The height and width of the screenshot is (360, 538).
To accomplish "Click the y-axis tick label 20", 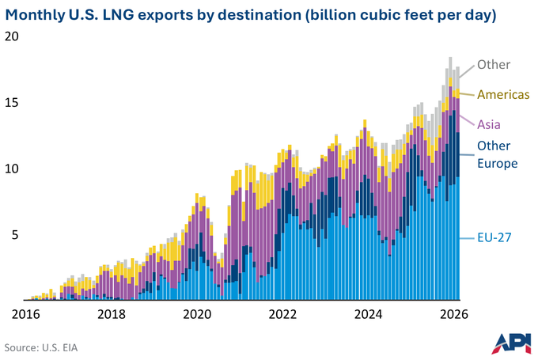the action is (12, 36).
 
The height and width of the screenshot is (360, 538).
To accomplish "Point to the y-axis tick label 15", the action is (12, 103).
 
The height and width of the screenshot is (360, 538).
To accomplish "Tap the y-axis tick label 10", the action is (12, 169).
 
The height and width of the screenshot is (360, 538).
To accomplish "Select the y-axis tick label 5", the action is (15, 235).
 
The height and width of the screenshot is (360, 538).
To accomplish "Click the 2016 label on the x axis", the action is (26, 314).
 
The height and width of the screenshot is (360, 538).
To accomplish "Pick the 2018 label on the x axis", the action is (112, 314).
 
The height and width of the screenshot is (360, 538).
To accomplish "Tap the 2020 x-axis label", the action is (197, 314).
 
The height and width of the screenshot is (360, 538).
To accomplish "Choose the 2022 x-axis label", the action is (282, 314).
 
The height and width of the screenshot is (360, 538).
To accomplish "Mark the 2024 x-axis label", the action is (368, 314).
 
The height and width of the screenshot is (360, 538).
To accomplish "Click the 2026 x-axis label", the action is (454, 314).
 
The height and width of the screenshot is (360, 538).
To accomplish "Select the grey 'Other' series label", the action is (494, 65).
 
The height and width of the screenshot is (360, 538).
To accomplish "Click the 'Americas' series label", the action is (503, 94).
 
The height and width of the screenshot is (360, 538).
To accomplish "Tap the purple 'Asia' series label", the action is (489, 124).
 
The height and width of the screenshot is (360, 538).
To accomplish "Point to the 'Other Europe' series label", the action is (497, 154).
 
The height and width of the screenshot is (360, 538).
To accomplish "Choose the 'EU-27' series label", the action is (494, 237).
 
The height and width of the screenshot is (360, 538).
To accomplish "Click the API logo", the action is (511, 343).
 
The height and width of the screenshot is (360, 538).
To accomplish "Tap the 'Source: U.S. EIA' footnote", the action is (41, 347).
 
